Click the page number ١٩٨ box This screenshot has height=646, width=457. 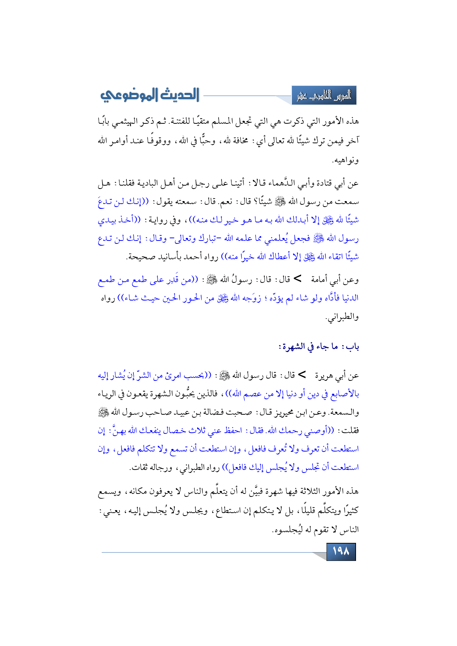coord(341,551)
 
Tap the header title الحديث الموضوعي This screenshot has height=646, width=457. coord(150,95)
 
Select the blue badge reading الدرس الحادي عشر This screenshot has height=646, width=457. coord(324,96)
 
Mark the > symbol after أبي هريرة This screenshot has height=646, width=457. coord(302,375)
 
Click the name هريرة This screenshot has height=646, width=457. coord(323,376)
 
